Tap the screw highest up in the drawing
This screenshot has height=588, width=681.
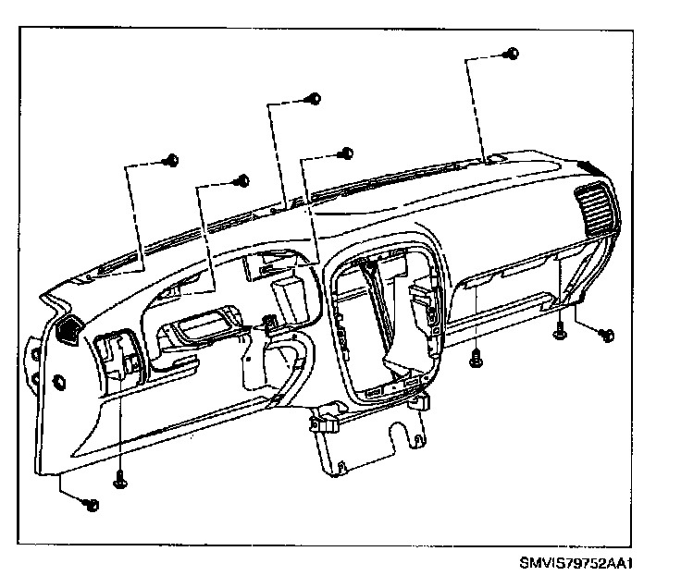point(513,55)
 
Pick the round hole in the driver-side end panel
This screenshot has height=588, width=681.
point(60,381)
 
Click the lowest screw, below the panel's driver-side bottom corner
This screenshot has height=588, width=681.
point(91,504)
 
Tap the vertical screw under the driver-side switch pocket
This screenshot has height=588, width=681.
point(120,479)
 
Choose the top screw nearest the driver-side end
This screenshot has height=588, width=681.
point(169,161)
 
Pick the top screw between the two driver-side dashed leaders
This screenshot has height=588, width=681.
point(242,179)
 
